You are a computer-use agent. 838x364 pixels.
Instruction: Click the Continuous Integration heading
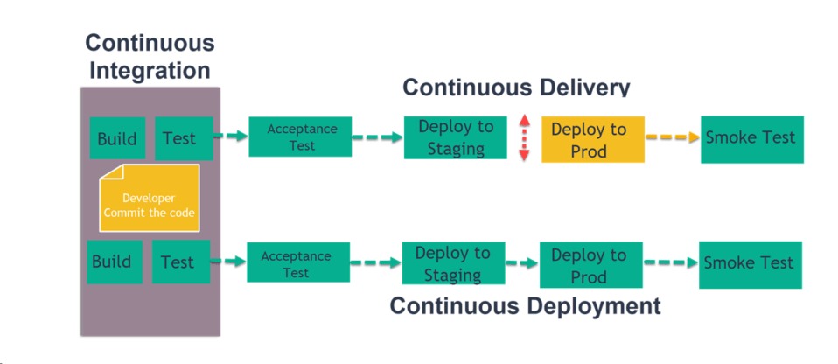pos(150,57)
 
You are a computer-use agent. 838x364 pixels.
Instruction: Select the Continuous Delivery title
pos(516,87)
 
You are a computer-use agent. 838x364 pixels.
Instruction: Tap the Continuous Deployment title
pos(525,306)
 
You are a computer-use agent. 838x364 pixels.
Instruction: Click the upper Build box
pos(117,138)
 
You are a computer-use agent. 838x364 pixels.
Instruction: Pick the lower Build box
pos(114,262)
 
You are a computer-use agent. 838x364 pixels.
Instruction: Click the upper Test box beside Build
pos(184,138)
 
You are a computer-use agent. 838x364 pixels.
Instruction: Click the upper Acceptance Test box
pos(300,136)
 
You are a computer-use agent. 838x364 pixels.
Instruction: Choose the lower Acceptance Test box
pos(297,264)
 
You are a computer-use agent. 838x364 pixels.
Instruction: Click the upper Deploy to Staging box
pos(455,137)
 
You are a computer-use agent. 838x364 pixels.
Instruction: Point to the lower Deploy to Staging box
pos(452,263)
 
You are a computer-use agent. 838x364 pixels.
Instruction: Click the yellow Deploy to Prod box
pos(592,139)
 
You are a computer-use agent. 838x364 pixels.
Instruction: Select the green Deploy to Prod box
pos(590,265)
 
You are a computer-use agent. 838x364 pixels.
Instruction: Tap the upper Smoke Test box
pos(751,137)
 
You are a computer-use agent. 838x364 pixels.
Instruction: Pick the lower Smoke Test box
pos(749,262)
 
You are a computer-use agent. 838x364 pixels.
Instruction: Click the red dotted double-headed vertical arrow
pos(524,136)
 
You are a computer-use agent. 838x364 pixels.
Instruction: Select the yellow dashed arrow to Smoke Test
pos(673,137)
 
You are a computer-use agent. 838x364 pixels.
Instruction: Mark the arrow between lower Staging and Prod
pos(521,262)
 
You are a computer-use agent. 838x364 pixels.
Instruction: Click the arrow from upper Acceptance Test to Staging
pos(377,137)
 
